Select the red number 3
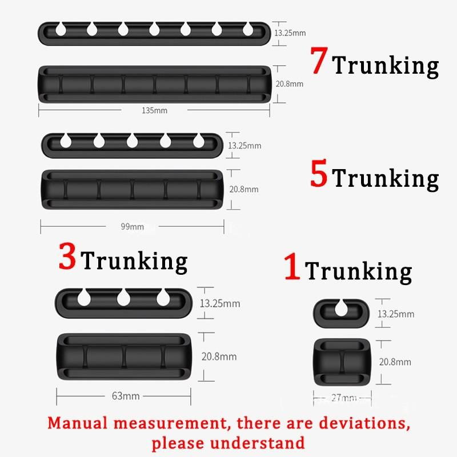coord(67,257)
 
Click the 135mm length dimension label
coord(154,110)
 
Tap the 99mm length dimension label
coord(132,227)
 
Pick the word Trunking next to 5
coord(386,179)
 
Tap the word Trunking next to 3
coord(135,262)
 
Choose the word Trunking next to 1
coord(358,272)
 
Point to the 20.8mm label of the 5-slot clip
coord(243,189)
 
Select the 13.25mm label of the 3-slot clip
coord(219,303)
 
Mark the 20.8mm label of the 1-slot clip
coord(395,362)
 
